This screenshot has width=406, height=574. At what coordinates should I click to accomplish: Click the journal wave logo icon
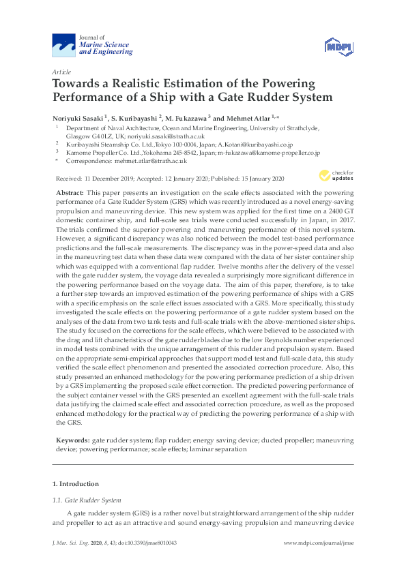[x=65, y=46]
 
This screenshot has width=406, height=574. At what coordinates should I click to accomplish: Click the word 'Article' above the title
[x=61, y=72]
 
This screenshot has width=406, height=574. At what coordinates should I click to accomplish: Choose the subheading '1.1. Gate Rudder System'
[x=86, y=500]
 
